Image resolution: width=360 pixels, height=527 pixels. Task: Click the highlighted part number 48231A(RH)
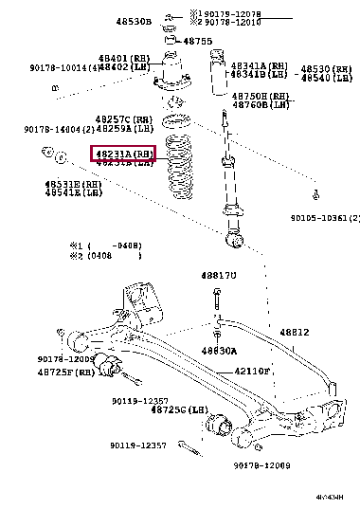[122, 154]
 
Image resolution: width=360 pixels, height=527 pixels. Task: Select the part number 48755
[197, 42]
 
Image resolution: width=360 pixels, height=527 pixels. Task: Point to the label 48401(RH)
[122, 58]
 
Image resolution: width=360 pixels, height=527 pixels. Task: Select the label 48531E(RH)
[72, 183]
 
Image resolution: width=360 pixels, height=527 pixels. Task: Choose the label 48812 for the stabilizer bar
[294, 333]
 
